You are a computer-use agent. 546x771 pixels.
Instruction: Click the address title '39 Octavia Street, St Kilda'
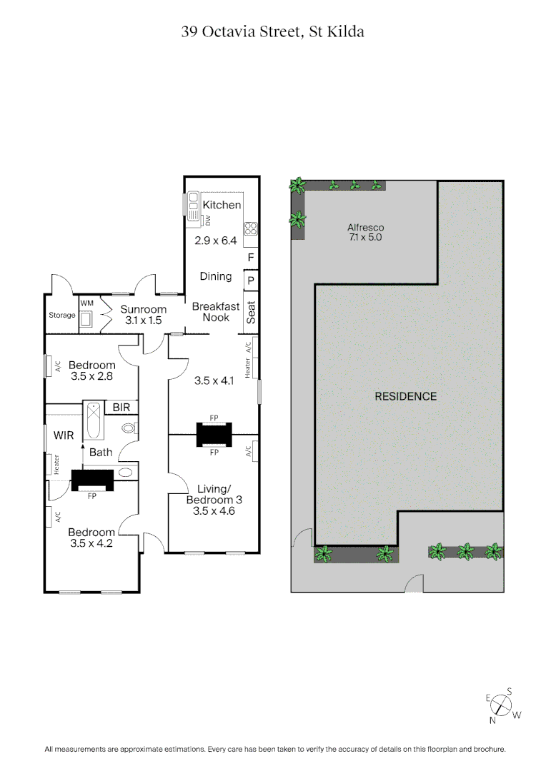tap(273, 31)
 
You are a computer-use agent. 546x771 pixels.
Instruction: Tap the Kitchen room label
tap(222, 205)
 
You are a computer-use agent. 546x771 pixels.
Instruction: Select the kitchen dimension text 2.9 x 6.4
tap(215, 241)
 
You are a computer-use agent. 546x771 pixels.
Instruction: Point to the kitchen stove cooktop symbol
tap(251, 228)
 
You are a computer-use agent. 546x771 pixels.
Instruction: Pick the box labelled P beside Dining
tap(251, 281)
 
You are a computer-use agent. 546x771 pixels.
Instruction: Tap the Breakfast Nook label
tap(210, 312)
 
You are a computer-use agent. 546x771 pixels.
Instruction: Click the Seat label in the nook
tap(251, 312)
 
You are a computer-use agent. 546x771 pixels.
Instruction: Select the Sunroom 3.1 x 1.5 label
tap(143, 315)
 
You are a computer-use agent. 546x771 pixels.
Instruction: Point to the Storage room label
tap(62, 315)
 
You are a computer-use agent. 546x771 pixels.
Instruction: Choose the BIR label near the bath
tap(121, 407)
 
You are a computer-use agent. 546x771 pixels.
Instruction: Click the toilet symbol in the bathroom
tap(129, 428)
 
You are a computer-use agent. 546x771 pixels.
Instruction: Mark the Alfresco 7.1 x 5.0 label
tap(365, 232)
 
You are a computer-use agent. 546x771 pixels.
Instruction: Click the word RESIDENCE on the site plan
tap(405, 396)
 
